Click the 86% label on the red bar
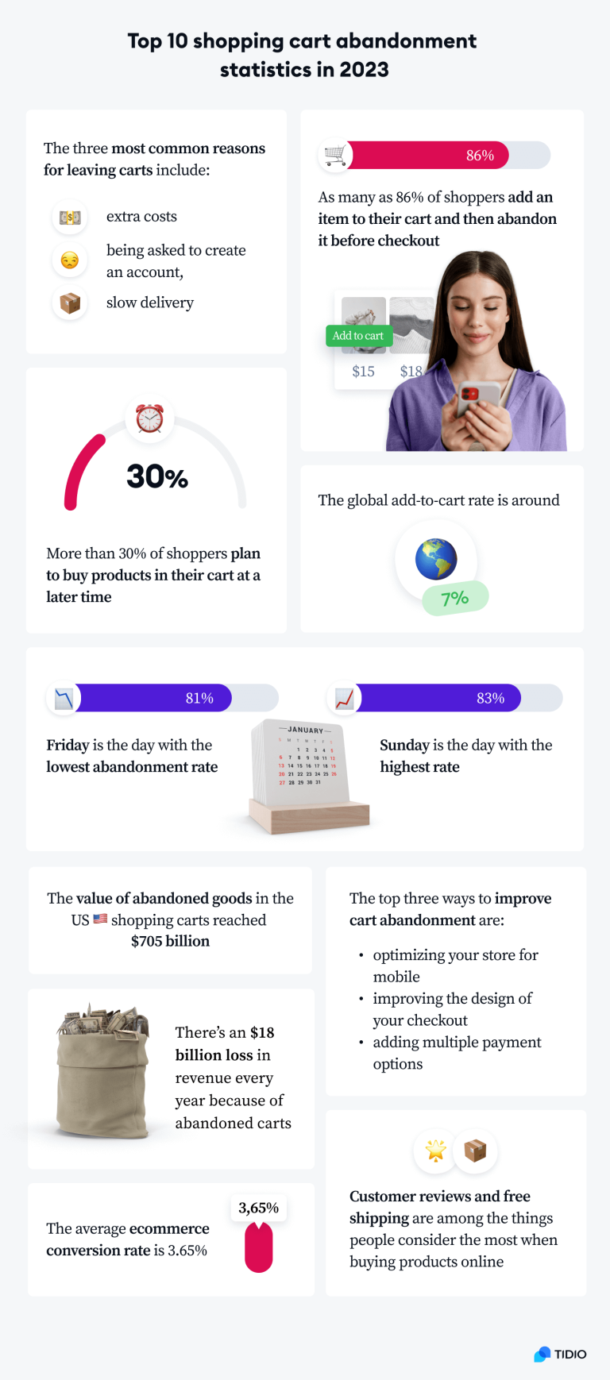click(480, 156)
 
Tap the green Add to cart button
click(358, 336)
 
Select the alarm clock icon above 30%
click(149, 418)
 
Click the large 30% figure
click(157, 476)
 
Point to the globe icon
click(436, 559)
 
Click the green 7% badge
click(455, 598)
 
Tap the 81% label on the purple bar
click(199, 698)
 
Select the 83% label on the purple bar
click(490, 698)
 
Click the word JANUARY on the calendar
click(305, 730)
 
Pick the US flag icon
click(100, 919)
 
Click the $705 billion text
click(171, 941)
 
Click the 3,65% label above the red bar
click(259, 1208)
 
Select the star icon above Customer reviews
click(436, 1151)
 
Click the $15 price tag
click(363, 371)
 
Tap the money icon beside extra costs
click(70, 217)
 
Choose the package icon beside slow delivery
click(70, 303)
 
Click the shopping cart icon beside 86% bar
click(335, 155)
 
